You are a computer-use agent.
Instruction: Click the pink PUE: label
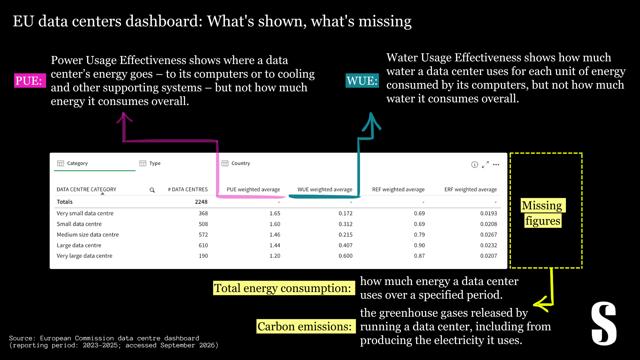coord(30,80)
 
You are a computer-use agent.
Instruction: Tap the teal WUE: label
coord(362,80)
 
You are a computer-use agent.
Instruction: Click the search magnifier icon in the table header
coord(152,190)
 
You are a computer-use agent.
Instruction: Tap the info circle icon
coord(475,165)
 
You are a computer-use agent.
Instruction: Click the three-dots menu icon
coord(496,165)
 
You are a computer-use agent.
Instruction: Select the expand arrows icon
coord(485,165)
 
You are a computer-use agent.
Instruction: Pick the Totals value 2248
coord(201,202)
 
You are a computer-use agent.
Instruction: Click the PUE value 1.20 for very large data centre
coord(275,256)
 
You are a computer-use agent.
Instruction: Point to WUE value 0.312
coord(345,224)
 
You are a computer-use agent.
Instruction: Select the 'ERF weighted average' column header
coord(470,189)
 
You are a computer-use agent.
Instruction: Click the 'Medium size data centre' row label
coord(88,235)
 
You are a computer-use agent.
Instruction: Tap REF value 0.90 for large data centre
coord(419,245)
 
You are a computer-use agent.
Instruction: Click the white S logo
coord(604,323)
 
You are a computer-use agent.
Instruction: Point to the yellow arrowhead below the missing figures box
coord(541,304)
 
